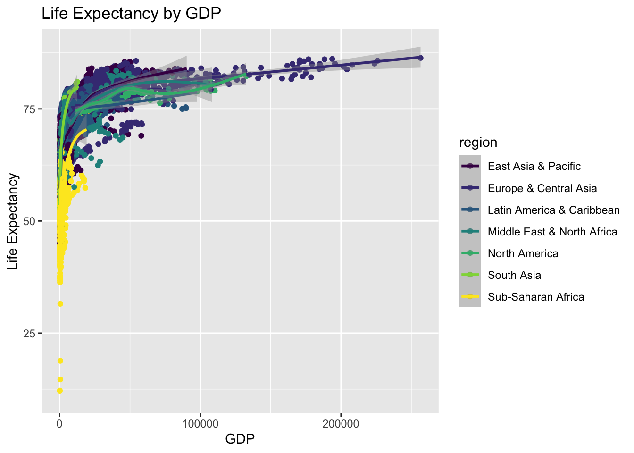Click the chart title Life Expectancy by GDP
[131, 14]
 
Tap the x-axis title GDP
[240, 439]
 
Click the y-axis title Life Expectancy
[13, 222]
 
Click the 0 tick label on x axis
[60, 424]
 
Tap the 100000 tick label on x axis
[200, 424]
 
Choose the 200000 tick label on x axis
[341, 424]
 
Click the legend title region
[478, 143]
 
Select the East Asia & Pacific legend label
[534, 166]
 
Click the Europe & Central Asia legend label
[542, 188]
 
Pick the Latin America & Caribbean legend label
[553, 210]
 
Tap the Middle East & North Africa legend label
[552, 232]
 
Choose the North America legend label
[523, 253]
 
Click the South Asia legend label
[514, 275]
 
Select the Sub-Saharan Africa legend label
[536, 297]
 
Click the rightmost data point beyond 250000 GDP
[420, 58]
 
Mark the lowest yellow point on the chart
[60, 390]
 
